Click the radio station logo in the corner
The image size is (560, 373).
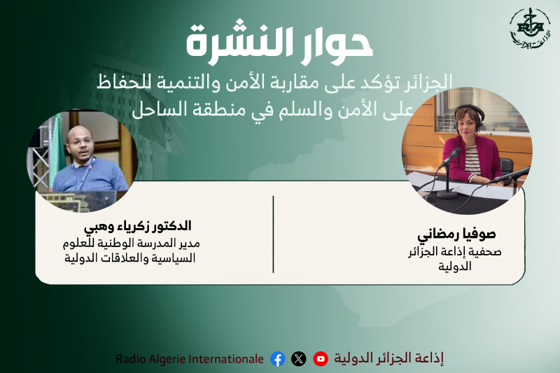point(529,29)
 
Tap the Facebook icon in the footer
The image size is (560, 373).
point(278,359)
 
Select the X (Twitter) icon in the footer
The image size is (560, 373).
point(299,359)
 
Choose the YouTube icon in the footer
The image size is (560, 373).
point(321,359)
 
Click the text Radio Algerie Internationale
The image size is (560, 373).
point(190,359)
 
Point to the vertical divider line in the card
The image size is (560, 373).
point(273,234)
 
